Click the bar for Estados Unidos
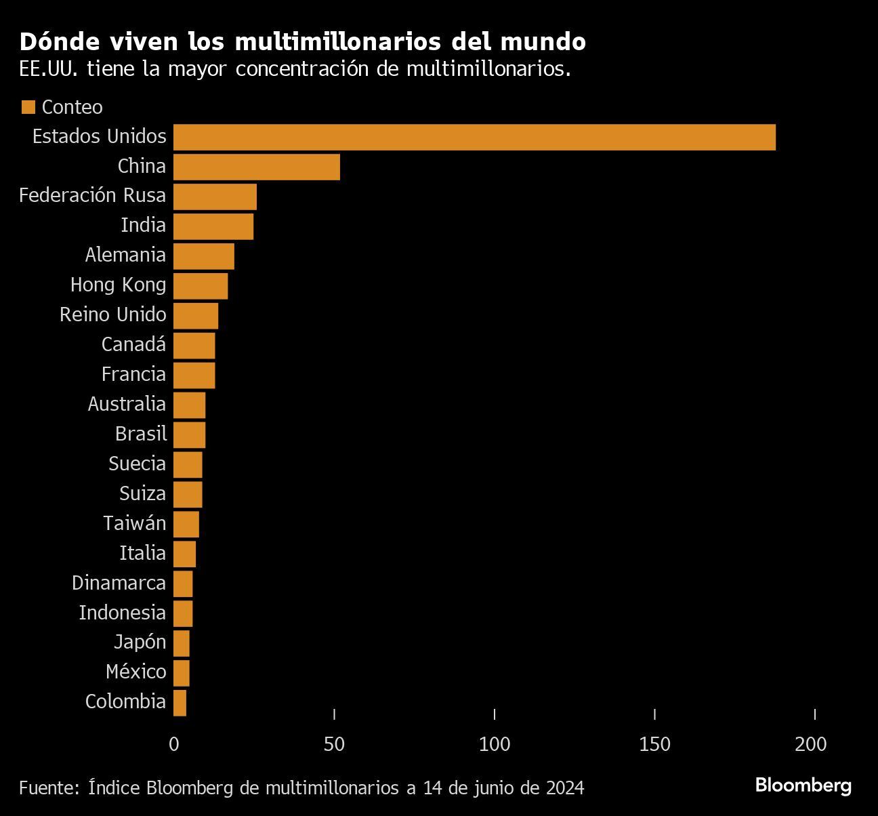[x=474, y=137]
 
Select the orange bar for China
[x=257, y=167]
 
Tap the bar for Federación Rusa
[x=215, y=197]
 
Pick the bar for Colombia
[x=180, y=703]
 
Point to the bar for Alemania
[x=204, y=256]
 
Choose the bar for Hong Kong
[x=201, y=286]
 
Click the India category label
[x=143, y=225]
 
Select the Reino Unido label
[x=112, y=314]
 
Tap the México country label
[x=135, y=672]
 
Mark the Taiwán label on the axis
[x=134, y=523]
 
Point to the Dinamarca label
[x=119, y=583]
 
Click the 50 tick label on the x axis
[x=334, y=744]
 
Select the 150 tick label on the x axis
[x=654, y=744]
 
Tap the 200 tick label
[x=811, y=744]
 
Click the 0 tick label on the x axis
[x=174, y=744]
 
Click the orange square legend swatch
[x=28, y=107]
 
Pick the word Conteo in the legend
[x=72, y=107]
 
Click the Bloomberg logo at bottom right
[x=803, y=786]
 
